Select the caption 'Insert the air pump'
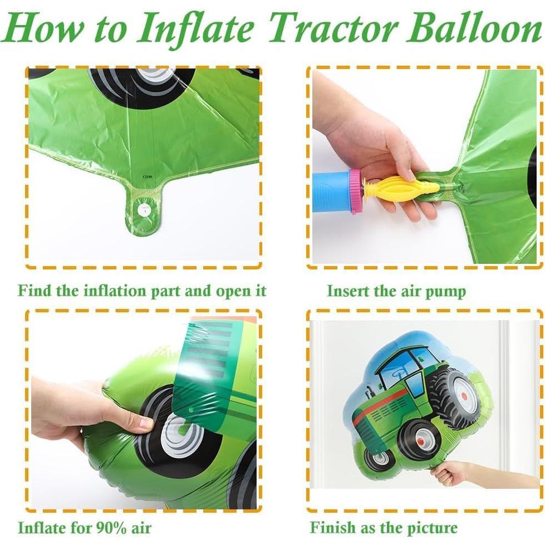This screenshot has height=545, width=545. pyautogui.click(x=396, y=291)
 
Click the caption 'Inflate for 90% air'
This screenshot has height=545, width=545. pyautogui.click(x=85, y=527)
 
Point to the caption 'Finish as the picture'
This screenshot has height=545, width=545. pyautogui.click(x=384, y=527)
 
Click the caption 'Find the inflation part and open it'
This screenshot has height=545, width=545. pyautogui.click(x=142, y=291)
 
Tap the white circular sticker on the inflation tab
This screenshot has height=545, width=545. pyautogui.click(x=144, y=210)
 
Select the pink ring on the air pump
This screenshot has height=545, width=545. pyautogui.click(x=355, y=191)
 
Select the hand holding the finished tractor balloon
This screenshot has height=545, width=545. pyautogui.click(x=451, y=473)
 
